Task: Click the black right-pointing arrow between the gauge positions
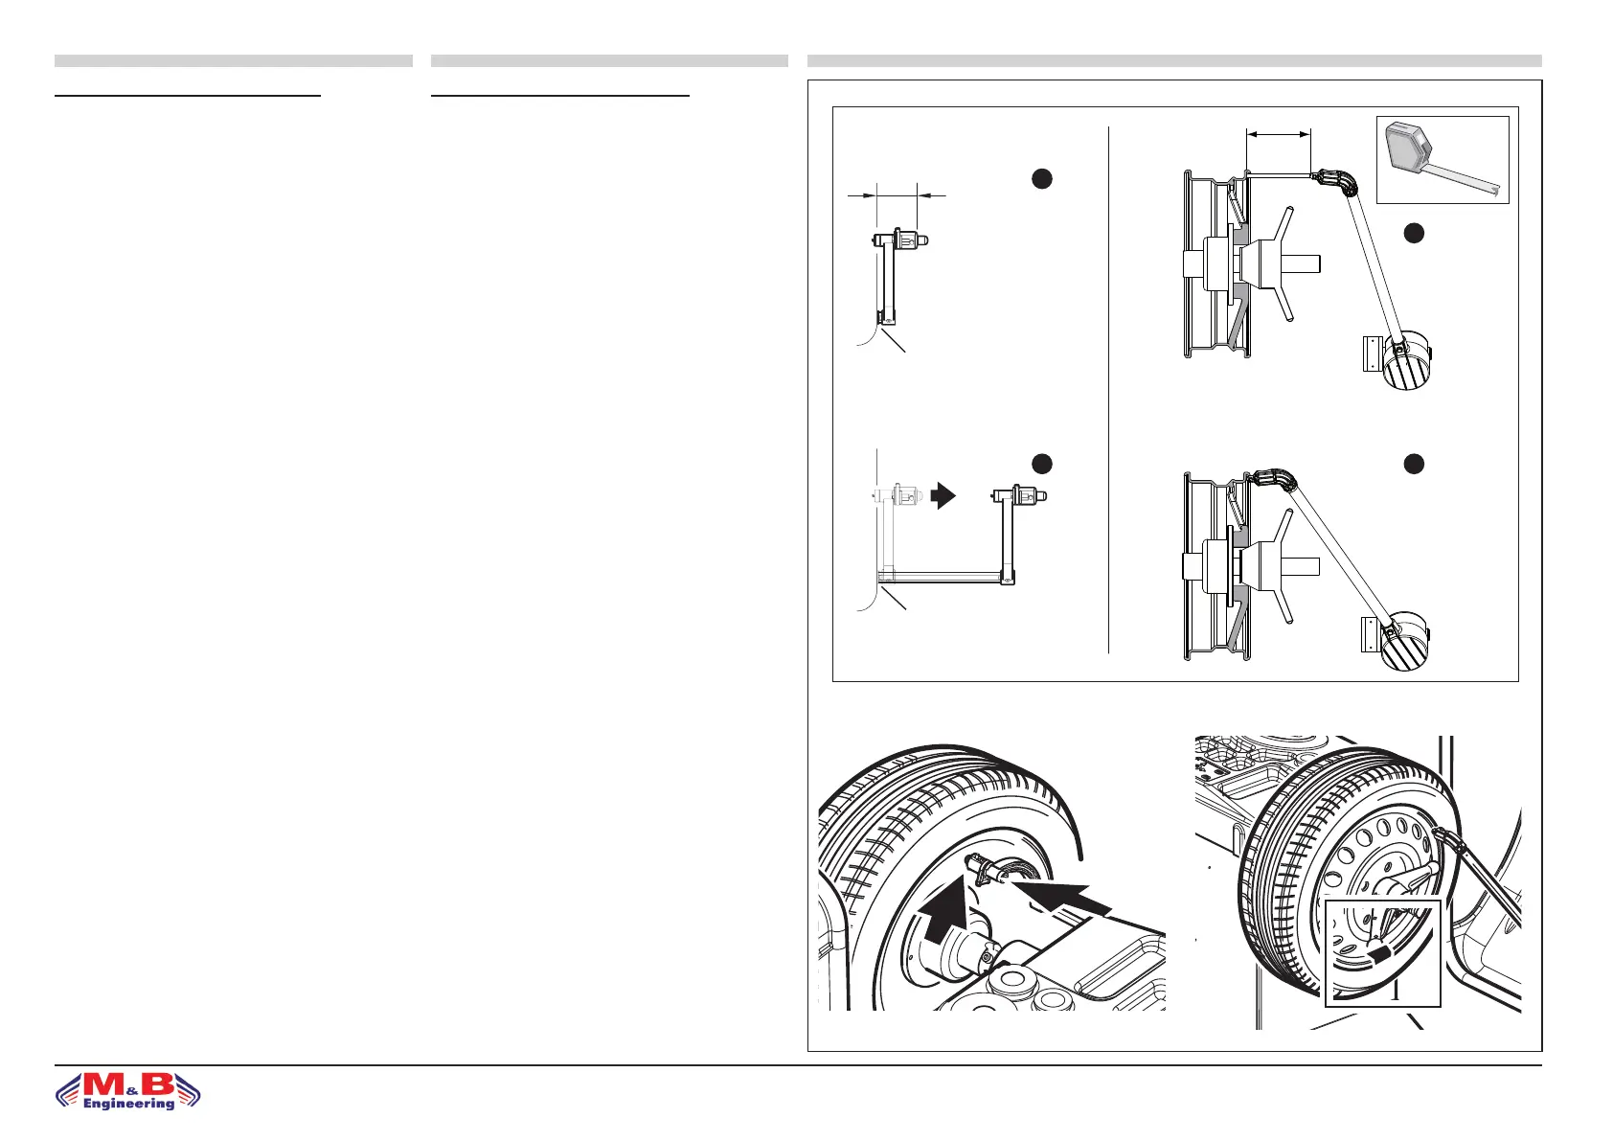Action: pos(943,495)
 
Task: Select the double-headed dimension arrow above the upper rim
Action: pos(1278,135)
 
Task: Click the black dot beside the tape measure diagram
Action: pos(1412,232)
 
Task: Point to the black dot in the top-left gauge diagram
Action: pos(1042,178)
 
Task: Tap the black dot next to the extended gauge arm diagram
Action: pos(1042,464)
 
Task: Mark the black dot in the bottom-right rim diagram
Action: pos(1412,464)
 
